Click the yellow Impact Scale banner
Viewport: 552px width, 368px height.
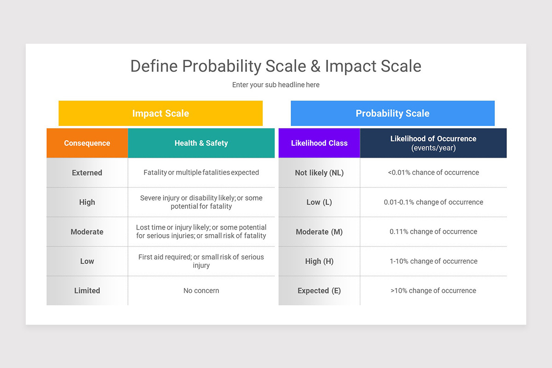(x=161, y=113)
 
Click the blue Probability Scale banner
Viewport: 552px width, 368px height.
(x=392, y=113)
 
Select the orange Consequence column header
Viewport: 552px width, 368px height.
(x=87, y=143)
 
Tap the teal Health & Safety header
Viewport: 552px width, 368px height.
(x=201, y=143)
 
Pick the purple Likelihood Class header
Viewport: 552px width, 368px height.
(x=319, y=143)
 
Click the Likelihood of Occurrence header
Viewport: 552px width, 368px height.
(x=433, y=143)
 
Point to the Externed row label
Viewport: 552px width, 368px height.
(x=87, y=173)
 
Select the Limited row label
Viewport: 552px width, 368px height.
(x=87, y=291)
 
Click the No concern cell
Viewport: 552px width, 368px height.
(x=201, y=291)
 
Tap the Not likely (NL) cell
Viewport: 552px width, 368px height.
(x=319, y=173)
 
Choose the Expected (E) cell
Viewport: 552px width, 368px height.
(x=319, y=291)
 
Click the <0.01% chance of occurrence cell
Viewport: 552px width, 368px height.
(x=433, y=172)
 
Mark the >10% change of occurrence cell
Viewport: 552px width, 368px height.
(x=433, y=291)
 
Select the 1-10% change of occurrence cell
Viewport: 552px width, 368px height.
(x=433, y=261)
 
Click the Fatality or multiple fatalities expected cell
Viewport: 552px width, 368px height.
(x=201, y=172)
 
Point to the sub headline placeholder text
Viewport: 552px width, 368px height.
(x=276, y=85)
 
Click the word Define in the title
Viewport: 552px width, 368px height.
(x=154, y=66)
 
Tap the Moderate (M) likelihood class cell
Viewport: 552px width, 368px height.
(x=319, y=232)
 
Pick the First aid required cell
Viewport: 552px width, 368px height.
(x=201, y=261)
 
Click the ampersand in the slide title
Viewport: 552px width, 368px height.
(x=315, y=66)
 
